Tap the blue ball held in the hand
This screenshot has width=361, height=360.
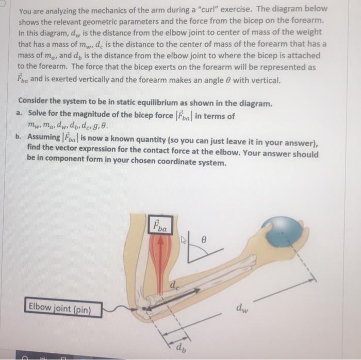pos(282,231)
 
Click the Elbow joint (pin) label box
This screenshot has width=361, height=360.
pos(62,309)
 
